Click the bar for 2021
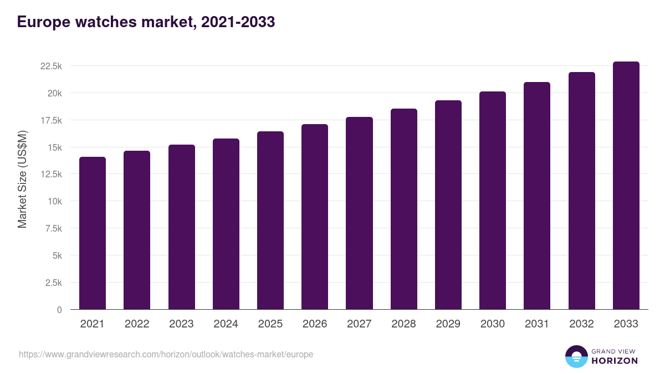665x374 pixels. [93, 233]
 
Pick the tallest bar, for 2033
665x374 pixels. [626, 186]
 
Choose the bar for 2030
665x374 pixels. [493, 201]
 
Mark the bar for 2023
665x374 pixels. [181, 227]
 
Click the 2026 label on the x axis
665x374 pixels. [315, 324]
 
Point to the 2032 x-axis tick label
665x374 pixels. [581, 324]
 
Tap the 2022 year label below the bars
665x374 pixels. [137, 324]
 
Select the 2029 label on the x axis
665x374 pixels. [448, 324]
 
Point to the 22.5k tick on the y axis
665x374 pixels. [51, 66]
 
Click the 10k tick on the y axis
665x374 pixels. [54, 201]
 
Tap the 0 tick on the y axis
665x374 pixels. [59, 310]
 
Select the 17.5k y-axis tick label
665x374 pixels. [51, 120]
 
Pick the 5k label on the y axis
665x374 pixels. [57, 255]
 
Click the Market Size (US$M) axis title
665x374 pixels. [22, 180]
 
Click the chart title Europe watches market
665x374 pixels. [146, 22]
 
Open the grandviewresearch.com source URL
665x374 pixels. [166, 354]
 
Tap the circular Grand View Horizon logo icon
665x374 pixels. [576, 356]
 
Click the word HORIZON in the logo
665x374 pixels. [615, 361]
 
